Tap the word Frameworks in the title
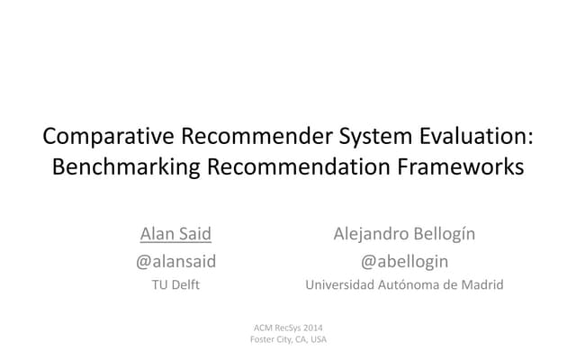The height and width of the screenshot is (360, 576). coord(464,167)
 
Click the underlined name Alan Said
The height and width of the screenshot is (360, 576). coord(175,235)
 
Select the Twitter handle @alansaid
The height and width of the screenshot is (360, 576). coord(175,262)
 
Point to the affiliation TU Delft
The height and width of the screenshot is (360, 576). coord(175,286)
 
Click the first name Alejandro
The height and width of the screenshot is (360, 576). coord(374,235)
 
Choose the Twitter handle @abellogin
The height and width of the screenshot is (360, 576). coord(404,262)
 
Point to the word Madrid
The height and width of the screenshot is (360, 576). coord(482,286)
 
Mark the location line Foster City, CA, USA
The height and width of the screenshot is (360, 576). coord(288,338)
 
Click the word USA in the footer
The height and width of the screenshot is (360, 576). coord(317,338)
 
